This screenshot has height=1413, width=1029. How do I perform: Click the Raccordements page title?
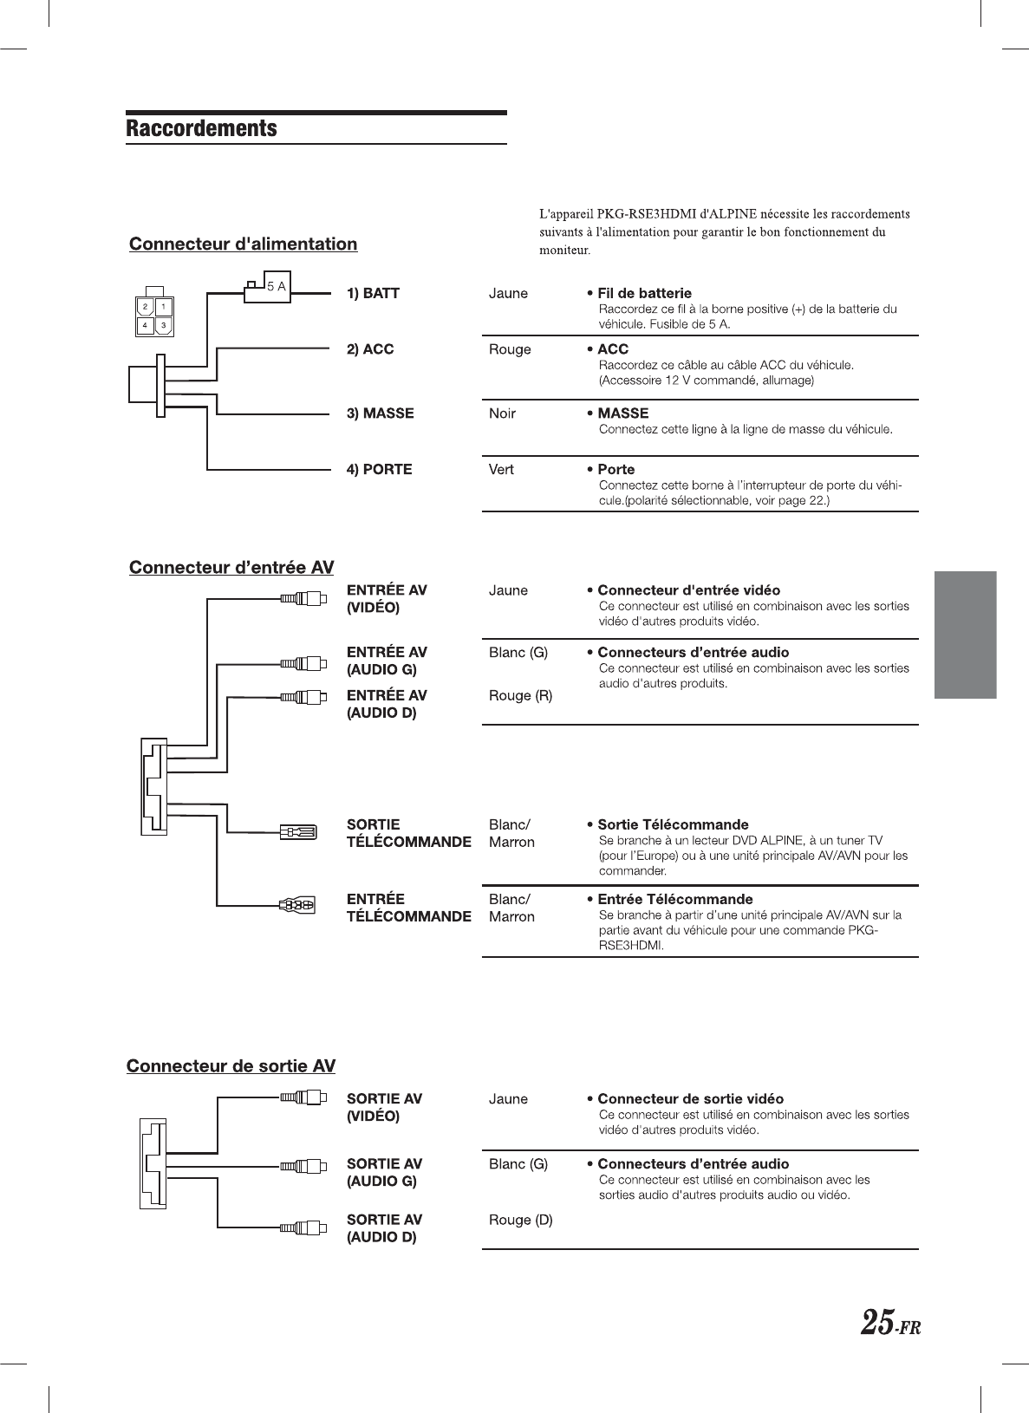[201, 128]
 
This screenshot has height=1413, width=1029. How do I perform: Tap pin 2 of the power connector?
[145, 307]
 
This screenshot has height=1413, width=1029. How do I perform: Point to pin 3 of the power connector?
[163, 326]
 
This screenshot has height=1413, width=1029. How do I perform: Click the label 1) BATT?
[373, 293]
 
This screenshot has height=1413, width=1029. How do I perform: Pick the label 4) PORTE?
[379, 469]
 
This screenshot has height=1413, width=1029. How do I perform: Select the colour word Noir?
[502, 413]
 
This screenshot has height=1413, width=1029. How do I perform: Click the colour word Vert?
[501, 469]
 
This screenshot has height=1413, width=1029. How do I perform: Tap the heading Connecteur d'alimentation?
[243, 244]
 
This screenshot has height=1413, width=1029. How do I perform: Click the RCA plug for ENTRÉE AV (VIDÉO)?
[303, 597]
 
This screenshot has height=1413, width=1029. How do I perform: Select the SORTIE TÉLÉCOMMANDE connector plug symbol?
[298, 833]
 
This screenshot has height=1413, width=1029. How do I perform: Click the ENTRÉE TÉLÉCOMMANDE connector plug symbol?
[297, 905]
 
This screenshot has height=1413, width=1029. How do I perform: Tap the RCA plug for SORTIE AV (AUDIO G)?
[303, 1166]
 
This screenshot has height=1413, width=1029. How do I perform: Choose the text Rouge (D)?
[520, 1220]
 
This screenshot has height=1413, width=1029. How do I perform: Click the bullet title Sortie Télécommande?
[673, 824]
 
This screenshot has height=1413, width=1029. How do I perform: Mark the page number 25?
[876, 1323]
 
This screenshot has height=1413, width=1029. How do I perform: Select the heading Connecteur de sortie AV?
[231, 1065]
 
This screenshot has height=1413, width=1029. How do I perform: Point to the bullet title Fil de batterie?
[644, 293]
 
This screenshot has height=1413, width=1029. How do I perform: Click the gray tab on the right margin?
[965, 635]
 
